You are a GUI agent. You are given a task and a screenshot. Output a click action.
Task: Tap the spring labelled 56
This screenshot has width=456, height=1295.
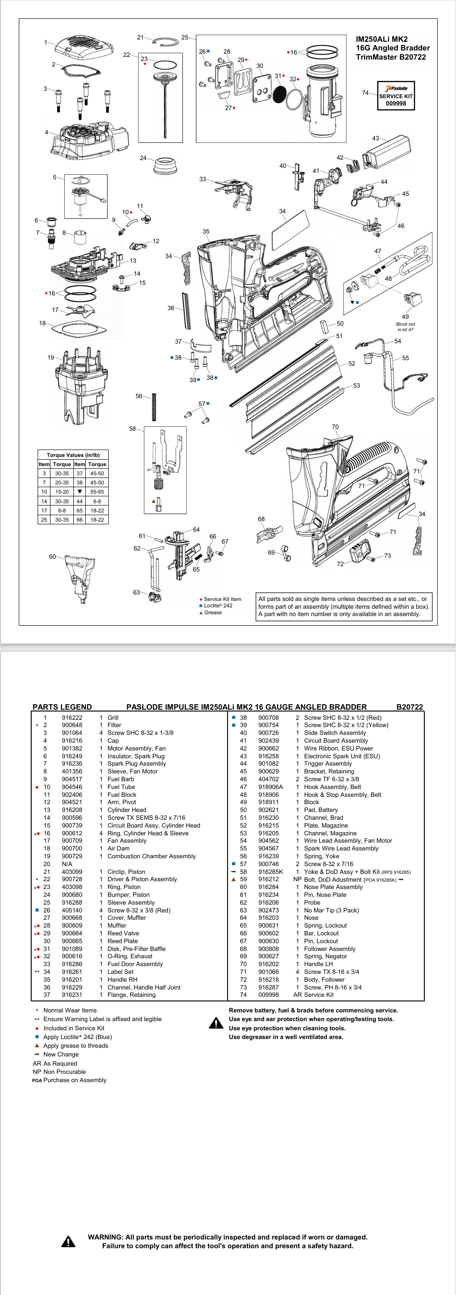point(154,406)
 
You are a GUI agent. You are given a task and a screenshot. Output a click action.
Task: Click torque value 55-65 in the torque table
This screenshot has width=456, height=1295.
point(97,492)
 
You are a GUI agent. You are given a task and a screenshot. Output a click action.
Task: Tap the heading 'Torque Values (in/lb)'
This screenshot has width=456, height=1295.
point(73,455)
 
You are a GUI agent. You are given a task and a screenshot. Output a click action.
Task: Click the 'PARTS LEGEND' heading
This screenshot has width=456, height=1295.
point(62,707)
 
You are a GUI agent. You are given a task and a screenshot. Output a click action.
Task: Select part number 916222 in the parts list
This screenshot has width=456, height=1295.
point(72,718)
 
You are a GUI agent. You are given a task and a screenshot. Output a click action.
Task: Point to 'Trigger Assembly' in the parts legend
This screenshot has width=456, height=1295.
point(328,764)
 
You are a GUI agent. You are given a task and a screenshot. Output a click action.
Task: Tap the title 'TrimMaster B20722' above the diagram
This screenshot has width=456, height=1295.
point(391,57)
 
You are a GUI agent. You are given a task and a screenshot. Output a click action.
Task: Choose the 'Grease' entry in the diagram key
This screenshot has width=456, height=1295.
point(213,612)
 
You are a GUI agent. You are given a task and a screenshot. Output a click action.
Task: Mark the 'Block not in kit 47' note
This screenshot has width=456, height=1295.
point(405,327)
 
